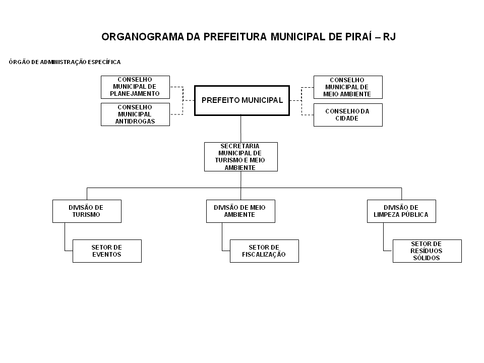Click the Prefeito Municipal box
coord(242,100)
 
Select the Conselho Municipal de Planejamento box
coord(135,87)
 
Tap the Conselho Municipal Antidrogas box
coord(135,114)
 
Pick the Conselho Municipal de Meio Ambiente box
coord(348,87)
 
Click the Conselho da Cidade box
coord(348,115)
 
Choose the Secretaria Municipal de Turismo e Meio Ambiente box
coord(241,157)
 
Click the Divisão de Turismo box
coord(87,211)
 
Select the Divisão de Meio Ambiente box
coord(240,211)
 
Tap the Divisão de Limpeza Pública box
coord(401,211)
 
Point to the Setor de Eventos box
coord(107,251)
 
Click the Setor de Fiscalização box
coord(264,251)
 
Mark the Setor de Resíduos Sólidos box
coord(427,251)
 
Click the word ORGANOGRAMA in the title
coord(143,37)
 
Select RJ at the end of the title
coord(389,37)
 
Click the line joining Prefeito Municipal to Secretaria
coord(241,129)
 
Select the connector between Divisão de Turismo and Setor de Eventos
coord(65,237)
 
